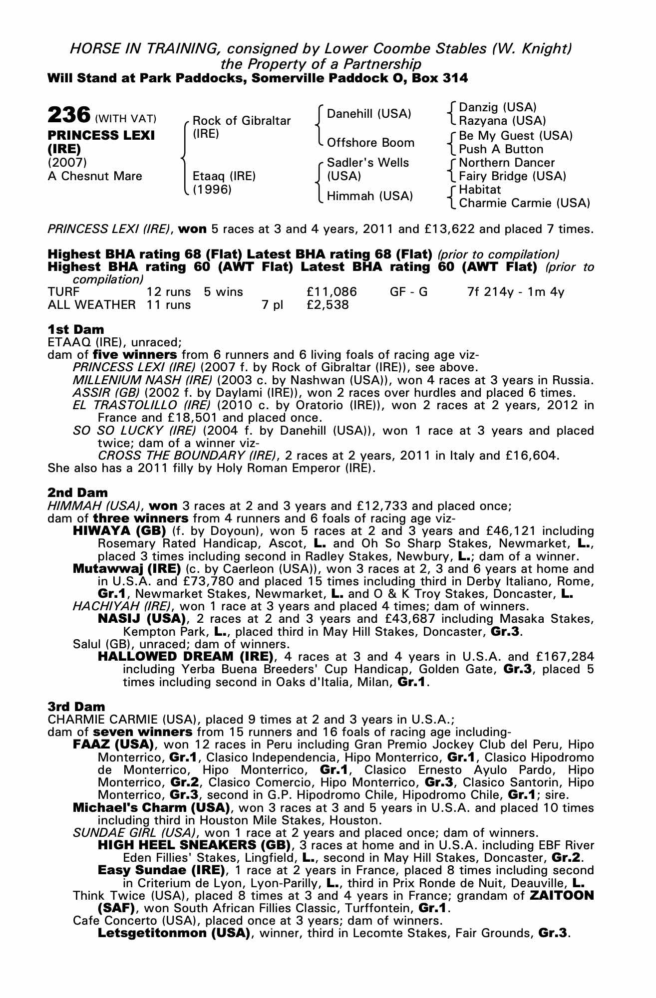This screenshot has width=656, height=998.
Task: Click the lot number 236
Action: [68, 115]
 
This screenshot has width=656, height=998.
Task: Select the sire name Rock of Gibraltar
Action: [242, 121]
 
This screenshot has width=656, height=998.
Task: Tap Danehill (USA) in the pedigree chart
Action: [369, 114]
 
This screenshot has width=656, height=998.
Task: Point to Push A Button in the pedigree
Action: [501, 149]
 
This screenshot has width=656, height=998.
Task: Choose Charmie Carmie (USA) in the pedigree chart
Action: [524, 203]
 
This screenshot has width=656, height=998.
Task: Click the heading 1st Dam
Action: [76, 329]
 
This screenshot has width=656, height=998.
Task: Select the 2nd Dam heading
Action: [77, 493]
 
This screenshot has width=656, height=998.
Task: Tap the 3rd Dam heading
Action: [76, 707]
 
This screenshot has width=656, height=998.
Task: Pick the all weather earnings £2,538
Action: [328, 304]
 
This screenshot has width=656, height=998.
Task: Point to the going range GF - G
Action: [409, 292]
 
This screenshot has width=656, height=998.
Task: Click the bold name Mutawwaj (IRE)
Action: [127, 569]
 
